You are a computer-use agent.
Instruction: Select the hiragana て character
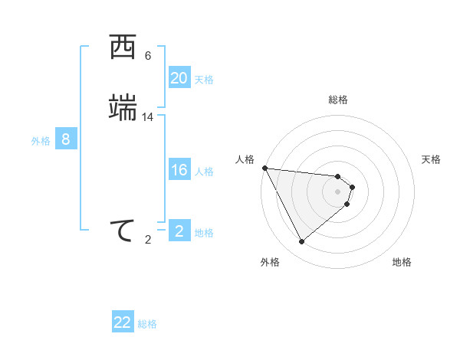(123, 231)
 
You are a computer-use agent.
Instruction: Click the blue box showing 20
(179, 78)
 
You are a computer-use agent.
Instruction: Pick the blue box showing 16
(179, 170)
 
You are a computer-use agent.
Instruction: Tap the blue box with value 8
(66, 139)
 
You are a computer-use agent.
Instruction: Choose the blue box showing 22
(123, 322)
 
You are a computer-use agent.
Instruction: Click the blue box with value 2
(179, 231)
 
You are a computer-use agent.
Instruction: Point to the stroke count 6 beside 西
(148, 56)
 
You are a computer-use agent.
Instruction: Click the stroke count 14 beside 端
(148, 117)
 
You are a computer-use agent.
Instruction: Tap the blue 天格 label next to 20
(204, 80)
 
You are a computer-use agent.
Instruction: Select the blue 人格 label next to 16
(204, 172)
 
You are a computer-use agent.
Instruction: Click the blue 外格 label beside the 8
(41, 141)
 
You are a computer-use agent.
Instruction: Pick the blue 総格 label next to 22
(147, 324)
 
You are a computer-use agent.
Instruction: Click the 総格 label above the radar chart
(338, 100)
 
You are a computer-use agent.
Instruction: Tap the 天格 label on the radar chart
(432, 159)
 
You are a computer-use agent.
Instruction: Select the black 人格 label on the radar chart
(245, 159)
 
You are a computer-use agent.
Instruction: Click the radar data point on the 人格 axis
(264, 168)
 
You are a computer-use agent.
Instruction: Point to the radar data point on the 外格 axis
(301, 242)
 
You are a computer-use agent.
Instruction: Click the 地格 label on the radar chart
(402, 262)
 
